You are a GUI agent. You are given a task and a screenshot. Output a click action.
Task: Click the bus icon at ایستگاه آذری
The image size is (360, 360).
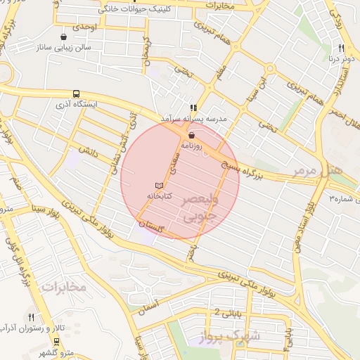pos(76,94)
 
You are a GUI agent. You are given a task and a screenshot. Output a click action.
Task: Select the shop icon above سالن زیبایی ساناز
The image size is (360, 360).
pos(65,36)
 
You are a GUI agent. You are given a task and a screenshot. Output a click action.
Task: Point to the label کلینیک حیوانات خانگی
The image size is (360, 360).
pos(137,9)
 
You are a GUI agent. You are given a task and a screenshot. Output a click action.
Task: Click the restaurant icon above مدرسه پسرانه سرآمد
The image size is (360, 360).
pos(192,108)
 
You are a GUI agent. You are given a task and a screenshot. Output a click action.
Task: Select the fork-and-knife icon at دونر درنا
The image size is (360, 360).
pos(342,48)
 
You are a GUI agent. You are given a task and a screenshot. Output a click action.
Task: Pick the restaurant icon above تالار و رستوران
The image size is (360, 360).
pos(31,317)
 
